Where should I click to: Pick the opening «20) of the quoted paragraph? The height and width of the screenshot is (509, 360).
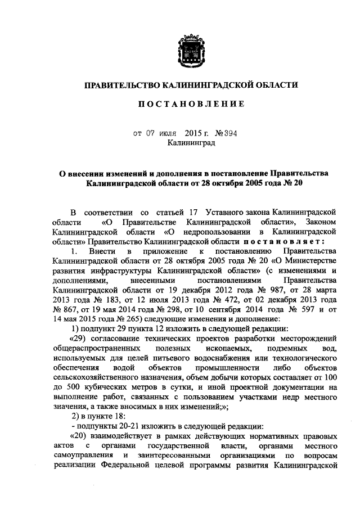(78, 437)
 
